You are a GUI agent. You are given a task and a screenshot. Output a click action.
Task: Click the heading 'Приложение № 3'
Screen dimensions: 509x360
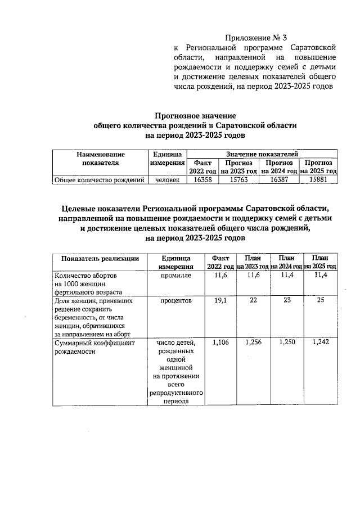pos(256,38)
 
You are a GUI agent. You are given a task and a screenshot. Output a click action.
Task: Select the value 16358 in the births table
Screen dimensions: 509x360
pos(202,180)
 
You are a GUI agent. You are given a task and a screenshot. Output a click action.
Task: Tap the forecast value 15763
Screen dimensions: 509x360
pos(239,180)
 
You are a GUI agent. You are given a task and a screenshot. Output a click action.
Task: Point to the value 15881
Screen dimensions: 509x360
pos(318,180)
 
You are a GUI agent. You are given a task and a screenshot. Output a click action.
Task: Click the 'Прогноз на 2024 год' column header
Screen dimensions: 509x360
pos(279,166)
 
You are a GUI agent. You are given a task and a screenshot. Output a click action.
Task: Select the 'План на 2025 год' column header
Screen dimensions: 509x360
pos(320,262)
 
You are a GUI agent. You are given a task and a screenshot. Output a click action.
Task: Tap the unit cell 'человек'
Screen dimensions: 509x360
pos(167,180)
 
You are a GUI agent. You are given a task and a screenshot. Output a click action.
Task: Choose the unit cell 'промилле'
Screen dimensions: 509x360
pos(176,275)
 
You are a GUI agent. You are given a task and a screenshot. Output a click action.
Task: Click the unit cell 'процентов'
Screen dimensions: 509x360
pos(176,301)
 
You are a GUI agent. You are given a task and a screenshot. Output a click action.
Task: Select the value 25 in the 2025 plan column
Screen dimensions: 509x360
pos(321,301)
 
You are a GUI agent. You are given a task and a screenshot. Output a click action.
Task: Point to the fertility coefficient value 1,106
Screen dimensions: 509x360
pos(220,343)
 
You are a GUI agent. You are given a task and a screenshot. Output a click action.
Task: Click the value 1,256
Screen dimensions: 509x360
pos(254,343)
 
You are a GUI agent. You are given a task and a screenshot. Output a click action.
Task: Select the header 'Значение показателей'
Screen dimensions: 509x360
pos(262,154)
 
